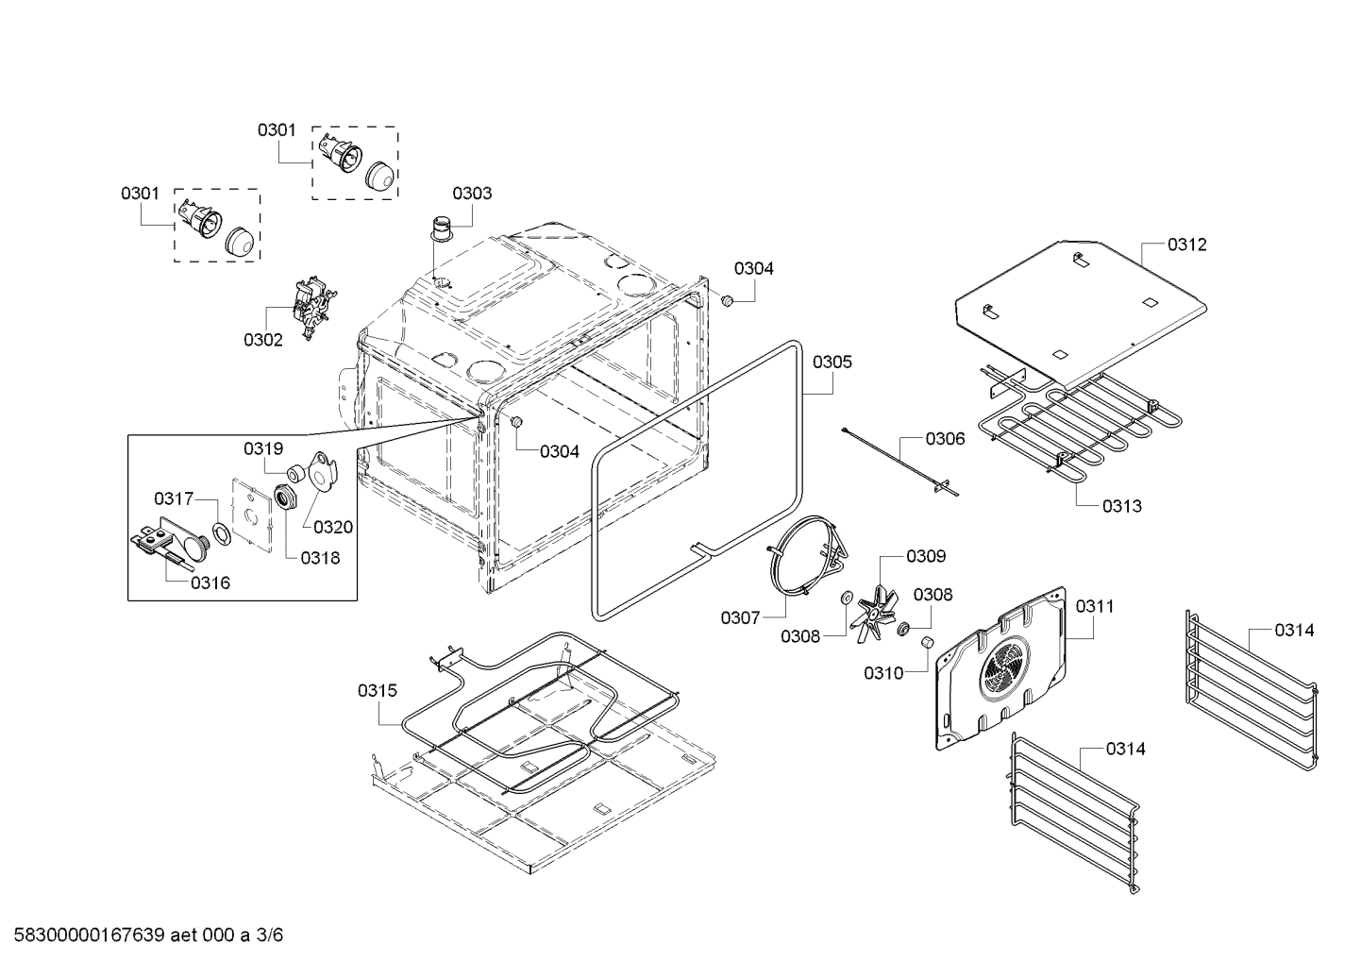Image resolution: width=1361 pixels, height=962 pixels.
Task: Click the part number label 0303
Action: [x=471, y=194]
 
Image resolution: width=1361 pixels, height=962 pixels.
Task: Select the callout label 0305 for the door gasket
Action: [x=832, y=362]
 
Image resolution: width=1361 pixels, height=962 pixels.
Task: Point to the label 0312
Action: [x=1186, y=245]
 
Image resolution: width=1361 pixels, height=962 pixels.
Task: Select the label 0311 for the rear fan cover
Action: [x=1095, y=606]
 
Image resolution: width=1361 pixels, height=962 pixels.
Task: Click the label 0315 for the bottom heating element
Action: [x=377, y=691]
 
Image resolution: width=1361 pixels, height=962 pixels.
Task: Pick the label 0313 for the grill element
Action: [x=1121, y=506]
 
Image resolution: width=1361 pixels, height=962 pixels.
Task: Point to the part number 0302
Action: [x=262, y=340]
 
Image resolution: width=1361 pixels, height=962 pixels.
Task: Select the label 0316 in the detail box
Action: [x=210, y=582]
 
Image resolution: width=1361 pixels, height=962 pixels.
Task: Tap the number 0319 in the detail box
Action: [x=262, y=448]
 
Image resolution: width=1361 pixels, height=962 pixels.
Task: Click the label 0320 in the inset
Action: [x=333, y=527]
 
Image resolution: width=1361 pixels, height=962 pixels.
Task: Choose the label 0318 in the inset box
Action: [x=320, y=558]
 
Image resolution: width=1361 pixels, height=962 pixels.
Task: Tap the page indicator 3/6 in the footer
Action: [x=270, y=936]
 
